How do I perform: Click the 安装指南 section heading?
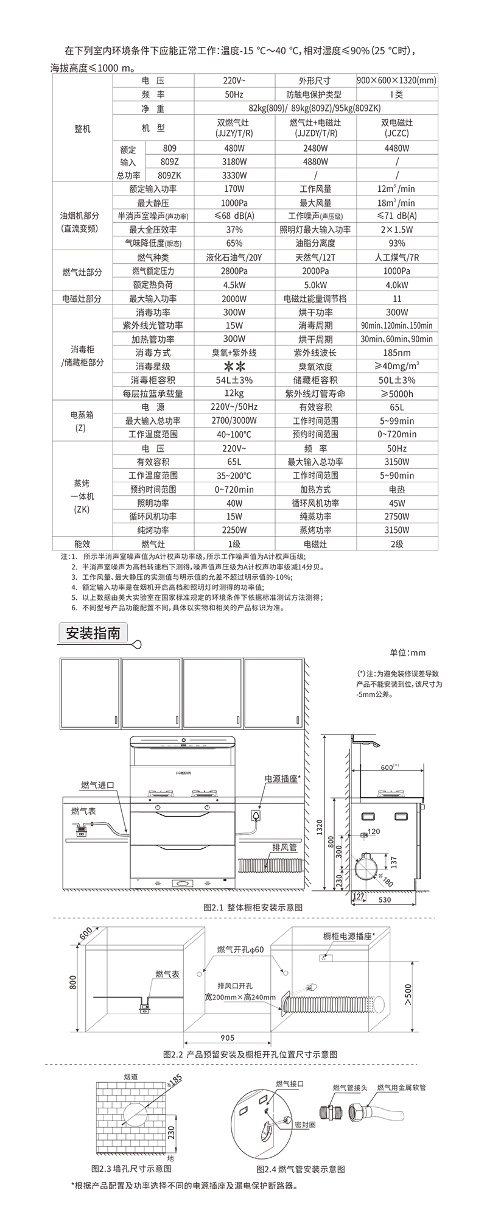pyautogui.click(x=93, y=633)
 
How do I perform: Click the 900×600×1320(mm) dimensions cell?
pyautogui.click(x=396, y=80)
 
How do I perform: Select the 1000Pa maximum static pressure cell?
pyautogui.click(x=234, y=202)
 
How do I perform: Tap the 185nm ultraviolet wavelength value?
pyautogui.click(x=396, y=353)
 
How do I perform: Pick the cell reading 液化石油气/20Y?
pyautogui.click(x=234, y=258)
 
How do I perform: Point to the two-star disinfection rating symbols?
pyautogui.click(x=234, y=367)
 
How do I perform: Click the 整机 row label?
pyautogui.click(x=82, y=128)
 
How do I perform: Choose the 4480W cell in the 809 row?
pyautogui.click(x=396, y=148)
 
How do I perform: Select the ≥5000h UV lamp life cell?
pyautogui.click(x=396, y=393)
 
